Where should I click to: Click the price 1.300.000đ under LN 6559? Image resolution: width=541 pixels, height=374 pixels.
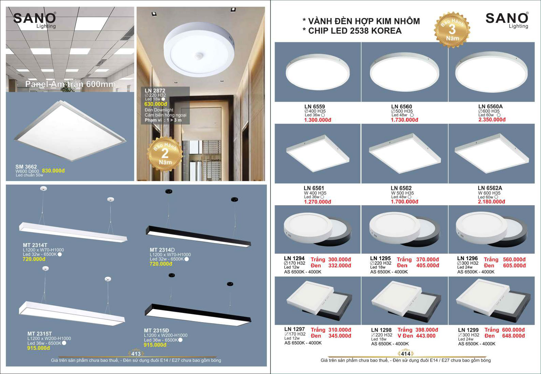click(x=318, y=120)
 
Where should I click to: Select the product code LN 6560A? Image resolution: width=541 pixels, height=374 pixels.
click(x=490, y=106)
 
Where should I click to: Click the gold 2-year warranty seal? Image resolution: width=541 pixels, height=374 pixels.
click(x=165, y=154)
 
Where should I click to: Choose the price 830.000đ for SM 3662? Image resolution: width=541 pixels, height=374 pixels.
click(x=53, y=171)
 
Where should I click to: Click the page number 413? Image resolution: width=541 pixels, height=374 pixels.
click(x=136, y=354)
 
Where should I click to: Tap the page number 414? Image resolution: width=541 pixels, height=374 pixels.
click(x=405, y=354)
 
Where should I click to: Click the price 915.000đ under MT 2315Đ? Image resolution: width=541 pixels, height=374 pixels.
click(x=155, y=345)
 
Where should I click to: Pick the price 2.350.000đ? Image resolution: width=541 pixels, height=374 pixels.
click(x=492, y=120)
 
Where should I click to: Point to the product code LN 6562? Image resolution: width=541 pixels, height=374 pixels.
click(x=401, y=188)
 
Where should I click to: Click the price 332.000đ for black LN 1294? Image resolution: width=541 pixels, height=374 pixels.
click(x=340, y=266)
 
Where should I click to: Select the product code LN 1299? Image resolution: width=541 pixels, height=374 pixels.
click(x=468, y=330)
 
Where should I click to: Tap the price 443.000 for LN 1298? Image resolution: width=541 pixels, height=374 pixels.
click(x=426, y=336)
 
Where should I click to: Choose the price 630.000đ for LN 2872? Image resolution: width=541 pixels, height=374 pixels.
click(x=156, y=104)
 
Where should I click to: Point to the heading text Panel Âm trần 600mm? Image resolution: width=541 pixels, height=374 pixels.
click(x=70, y=84)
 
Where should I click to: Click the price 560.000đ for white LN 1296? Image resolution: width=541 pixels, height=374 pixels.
click(x=514, y=260)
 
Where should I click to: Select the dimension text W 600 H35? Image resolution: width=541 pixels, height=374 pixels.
click(x=489, y=193)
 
